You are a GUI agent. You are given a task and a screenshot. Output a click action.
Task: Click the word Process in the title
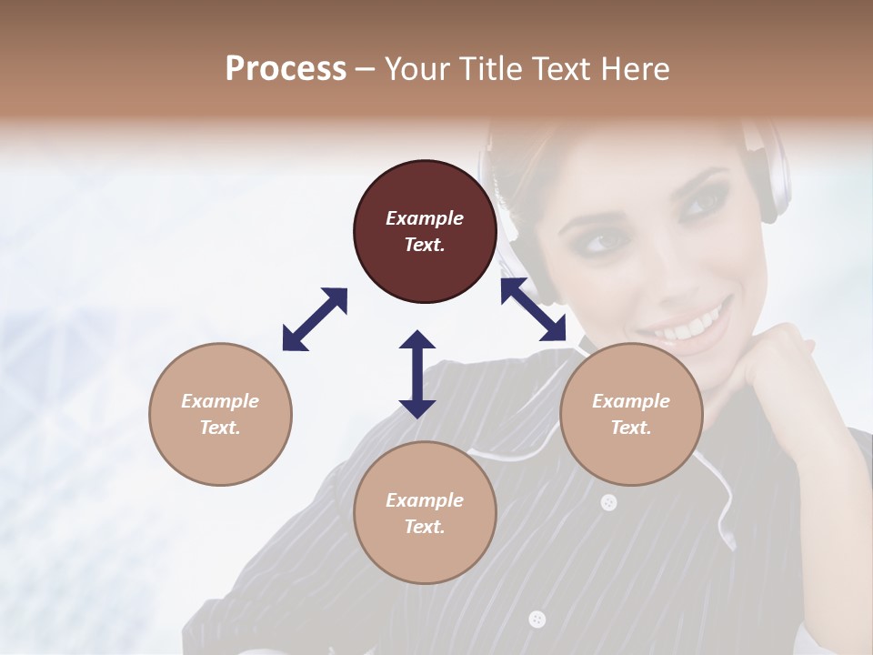tap(286, 69)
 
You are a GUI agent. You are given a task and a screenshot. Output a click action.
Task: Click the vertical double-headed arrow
tap(417, 374)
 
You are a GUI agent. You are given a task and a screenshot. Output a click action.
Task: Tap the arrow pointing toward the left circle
tap(315, 319)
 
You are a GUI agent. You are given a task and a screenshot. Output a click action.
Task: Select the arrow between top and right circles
tap(534, 309)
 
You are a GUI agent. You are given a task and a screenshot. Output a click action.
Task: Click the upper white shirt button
tap(608, 501)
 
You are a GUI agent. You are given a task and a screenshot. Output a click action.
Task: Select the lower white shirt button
tap(537, 619)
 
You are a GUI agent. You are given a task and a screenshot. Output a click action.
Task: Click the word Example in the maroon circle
tap(425, 218)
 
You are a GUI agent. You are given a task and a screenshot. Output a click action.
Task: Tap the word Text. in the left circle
tap(220, 428)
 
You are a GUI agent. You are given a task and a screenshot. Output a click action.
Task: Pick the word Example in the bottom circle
tap(425, 500)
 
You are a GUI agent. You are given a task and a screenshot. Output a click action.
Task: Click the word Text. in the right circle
tap(631, 428)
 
